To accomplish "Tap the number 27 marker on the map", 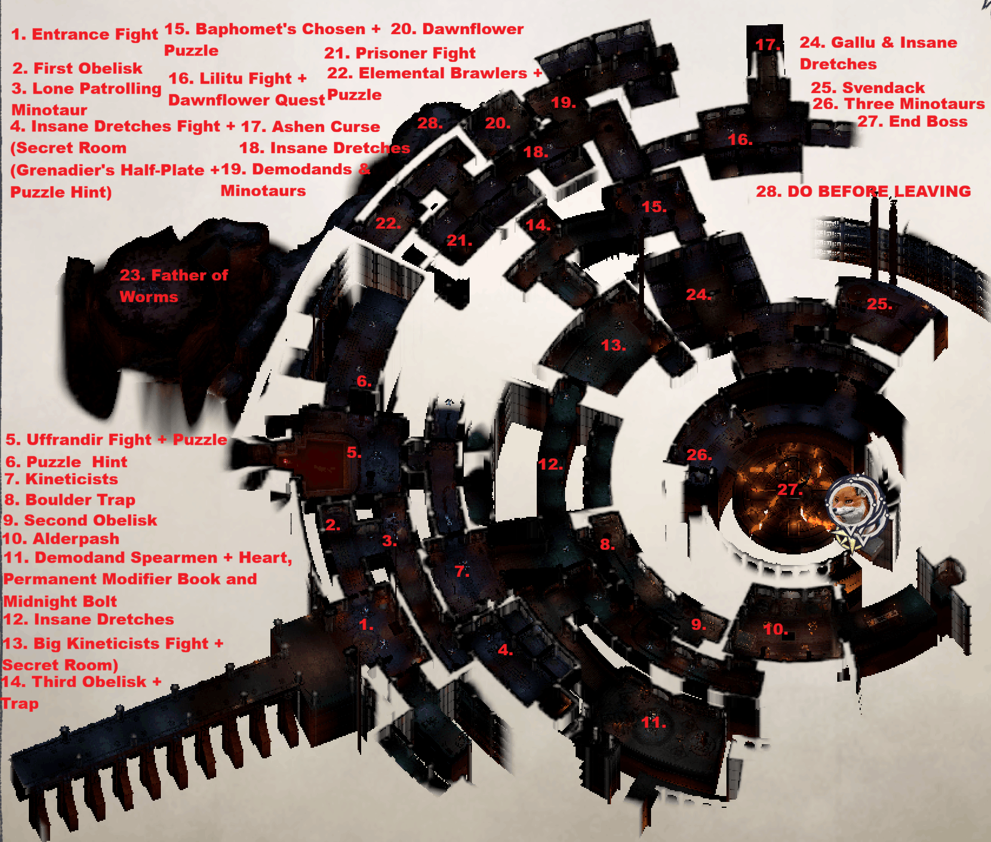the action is tap(790, 489).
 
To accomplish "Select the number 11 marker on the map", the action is tap(653, 722).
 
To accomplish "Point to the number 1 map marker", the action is tap(366, 625).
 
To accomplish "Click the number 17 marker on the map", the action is tap(768, 45).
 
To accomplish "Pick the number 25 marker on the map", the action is tap(879, 304).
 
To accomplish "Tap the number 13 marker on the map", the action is tap(613, 345).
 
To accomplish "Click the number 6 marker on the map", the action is tap(364, 381).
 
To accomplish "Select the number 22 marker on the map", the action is tap(388, 223).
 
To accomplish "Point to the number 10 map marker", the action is tap(775, 629).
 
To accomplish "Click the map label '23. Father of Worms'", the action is tap(173, 286).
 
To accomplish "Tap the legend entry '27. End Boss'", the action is tap(912, 121).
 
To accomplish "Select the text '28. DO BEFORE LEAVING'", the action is tap(863, 191).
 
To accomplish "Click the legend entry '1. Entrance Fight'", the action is tap(85, 34).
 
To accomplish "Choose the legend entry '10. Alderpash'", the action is tap(61, 539).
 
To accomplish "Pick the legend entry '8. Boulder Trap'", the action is tap(70, 500).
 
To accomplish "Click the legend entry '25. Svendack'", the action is tap(868, 88).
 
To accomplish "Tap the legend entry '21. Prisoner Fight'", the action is tap(399, 53).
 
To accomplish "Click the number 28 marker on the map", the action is tap(430, 123).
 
